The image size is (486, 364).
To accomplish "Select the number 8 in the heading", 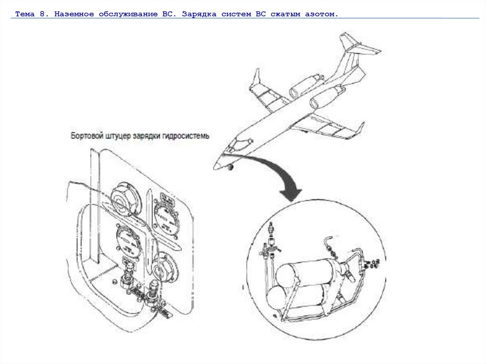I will [x=43, y=15].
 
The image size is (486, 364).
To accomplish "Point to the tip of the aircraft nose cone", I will [x=215, y=167].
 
